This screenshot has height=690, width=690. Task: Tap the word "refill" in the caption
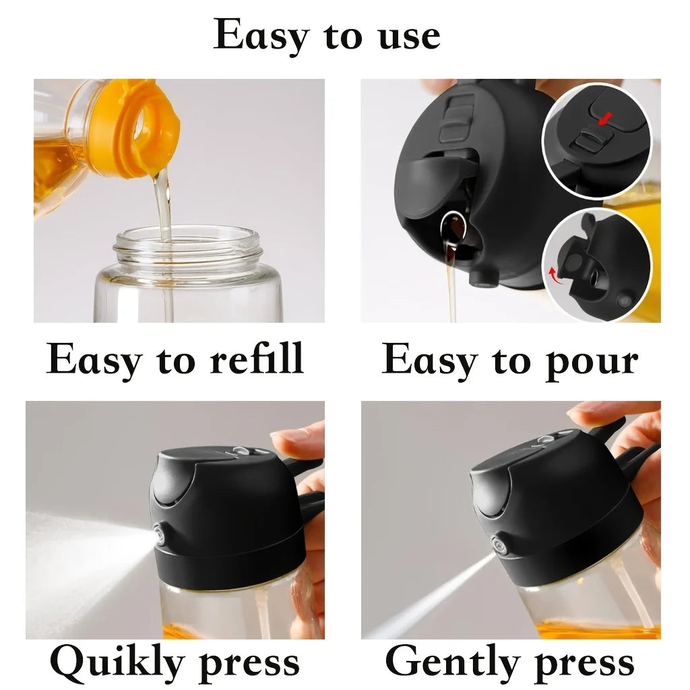[257, 359]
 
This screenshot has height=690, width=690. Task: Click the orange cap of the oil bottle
[135, 128]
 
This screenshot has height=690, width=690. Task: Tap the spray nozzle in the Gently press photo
[499, 542]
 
